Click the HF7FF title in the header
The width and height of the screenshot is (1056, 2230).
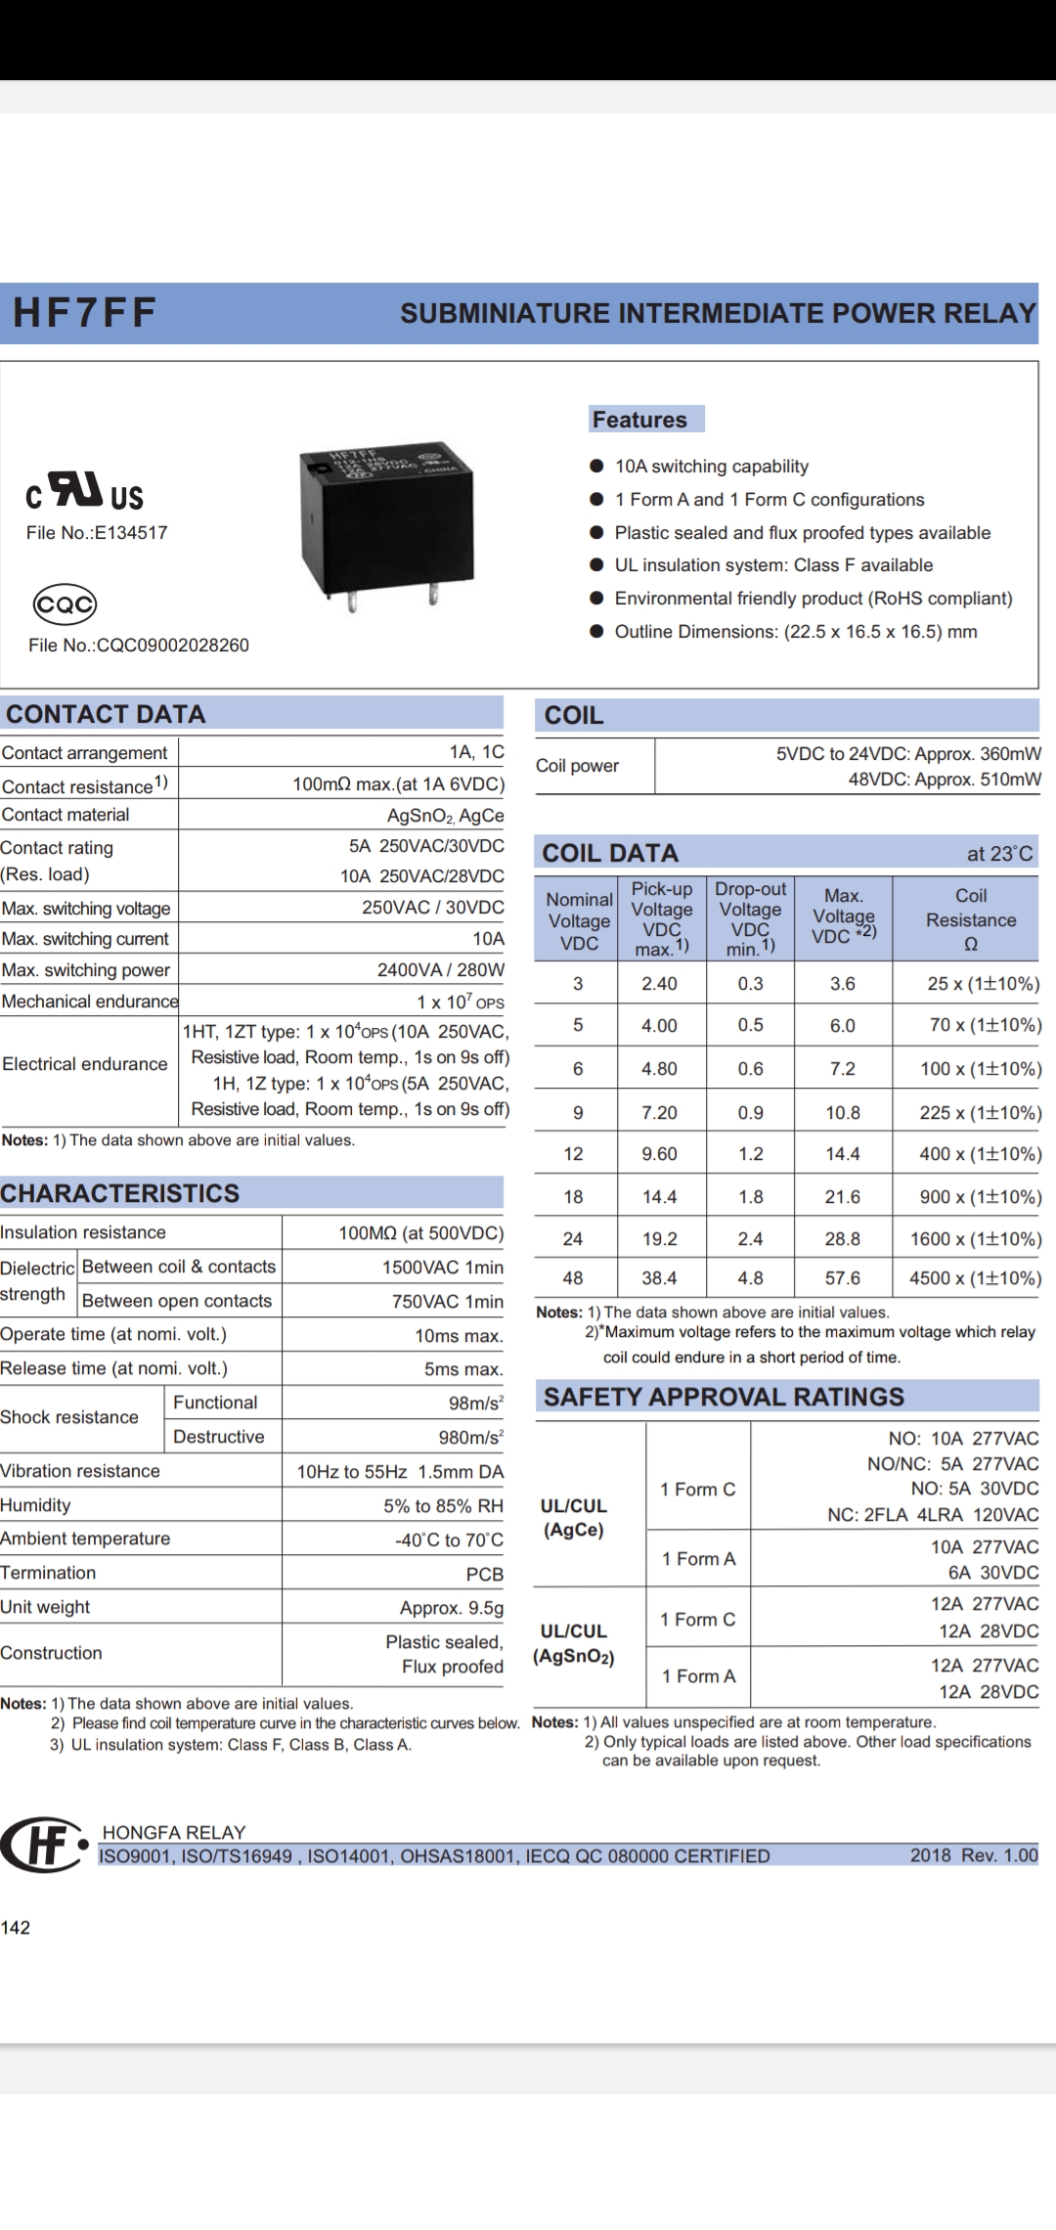84,313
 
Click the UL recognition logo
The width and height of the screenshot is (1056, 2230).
85,492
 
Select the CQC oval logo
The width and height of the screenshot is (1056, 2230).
65,604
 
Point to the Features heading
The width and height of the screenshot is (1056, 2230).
639,420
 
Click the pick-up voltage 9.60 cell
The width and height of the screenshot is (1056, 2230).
659,1154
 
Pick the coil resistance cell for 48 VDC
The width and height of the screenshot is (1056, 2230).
975,1278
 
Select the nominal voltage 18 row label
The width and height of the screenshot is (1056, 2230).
574,1196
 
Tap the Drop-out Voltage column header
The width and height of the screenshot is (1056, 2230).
750,918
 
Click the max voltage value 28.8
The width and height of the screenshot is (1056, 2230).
843,1239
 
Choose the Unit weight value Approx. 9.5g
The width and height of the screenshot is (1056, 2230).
452,1608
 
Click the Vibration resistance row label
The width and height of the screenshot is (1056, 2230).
80,1471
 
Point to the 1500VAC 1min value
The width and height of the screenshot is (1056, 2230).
443,1268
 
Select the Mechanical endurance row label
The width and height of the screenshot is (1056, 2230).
90,1002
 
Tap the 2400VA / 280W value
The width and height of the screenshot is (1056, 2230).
441,970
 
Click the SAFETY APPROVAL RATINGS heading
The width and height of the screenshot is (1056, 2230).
724,1397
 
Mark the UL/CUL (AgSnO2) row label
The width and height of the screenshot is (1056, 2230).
574,1644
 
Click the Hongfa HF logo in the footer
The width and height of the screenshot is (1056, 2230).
43,1845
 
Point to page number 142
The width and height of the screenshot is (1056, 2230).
16,1928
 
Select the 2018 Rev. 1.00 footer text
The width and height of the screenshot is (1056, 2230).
973,1855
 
